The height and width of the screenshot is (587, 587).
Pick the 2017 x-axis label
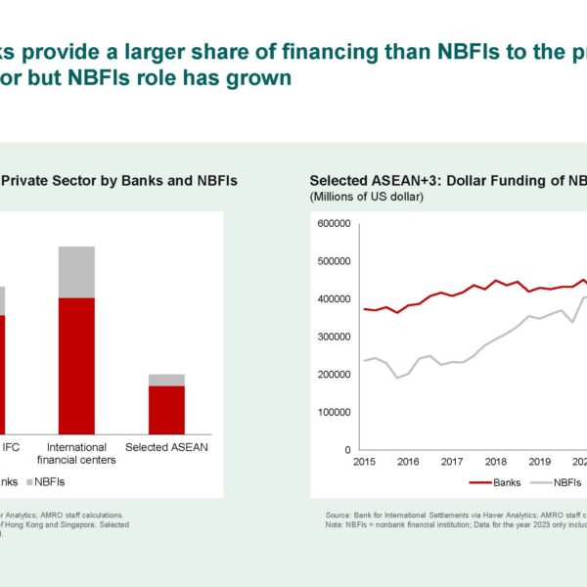[x=452, y=462]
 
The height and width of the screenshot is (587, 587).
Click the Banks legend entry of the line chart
[x=499, y=482]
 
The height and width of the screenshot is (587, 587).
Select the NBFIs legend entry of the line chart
[x=563, y=482]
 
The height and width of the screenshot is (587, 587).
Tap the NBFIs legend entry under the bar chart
[x=46, y=481]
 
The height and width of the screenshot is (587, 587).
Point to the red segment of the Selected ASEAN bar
[x=166, y=409]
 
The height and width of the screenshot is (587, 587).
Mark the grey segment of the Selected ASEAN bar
[x=166, y=380]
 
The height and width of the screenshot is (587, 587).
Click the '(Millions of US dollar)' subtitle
[x=365, y=197]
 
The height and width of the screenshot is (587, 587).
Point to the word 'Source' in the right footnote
[x=339, y=513]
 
